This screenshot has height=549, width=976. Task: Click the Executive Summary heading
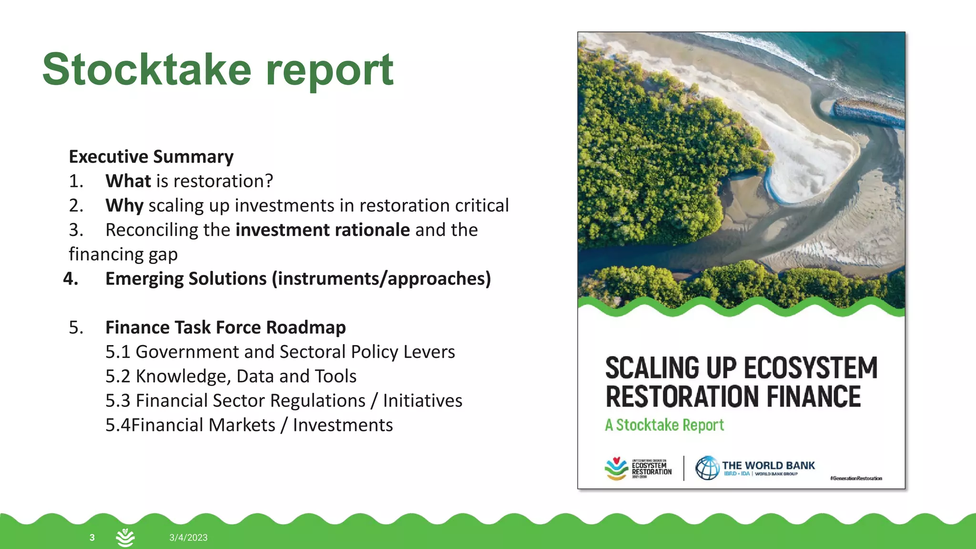click(x=151, y=157)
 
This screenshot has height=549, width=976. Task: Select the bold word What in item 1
click(x=128, y=181)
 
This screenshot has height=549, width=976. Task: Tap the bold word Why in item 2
click(x=124, y=206)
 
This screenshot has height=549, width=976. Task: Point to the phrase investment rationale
click(x=323, y=230)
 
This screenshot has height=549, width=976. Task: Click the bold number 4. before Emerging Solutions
click(x=71, y=279)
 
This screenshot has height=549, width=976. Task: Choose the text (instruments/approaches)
click(x=381, y=279)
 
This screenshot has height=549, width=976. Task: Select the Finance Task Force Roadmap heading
click(x=225, y=328)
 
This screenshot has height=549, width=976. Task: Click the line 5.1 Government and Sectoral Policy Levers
click(x=280, y=352)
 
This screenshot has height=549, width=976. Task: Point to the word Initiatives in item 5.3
click(x=422, y=401)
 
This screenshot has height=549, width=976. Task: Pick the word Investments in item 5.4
click(x=343, y=425)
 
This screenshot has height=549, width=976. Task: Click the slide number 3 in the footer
click(x=92, y=538)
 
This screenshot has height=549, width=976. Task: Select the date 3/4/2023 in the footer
click(x=188, y=538)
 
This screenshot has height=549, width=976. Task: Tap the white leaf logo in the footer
click(x=125, y=538)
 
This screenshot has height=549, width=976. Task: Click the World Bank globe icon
click(x=707, y=468)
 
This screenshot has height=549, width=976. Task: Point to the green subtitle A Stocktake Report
click(x=664, y=425)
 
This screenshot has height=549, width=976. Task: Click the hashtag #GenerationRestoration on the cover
click(x=856, y=478)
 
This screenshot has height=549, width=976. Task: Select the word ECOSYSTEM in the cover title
click(x=810, y=368)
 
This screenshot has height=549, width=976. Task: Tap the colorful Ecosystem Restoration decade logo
click(x=616, y=468)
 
